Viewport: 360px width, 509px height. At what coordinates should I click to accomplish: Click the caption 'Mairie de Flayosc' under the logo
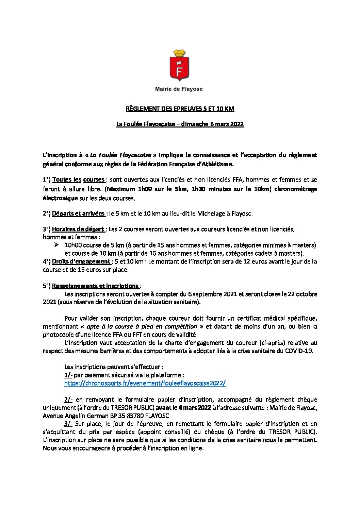pyautogui.click(x=179, y=89)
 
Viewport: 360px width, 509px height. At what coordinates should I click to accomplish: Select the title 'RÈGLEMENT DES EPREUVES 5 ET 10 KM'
pyautogui.click(x=180, y=109)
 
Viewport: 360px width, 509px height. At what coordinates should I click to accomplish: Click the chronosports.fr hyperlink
pyautogui.click(x=145, y=383)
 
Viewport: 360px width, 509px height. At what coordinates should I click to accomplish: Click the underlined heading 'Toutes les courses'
pyautogui.click(x=79, y=180)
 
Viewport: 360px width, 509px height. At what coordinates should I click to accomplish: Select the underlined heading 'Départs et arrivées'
pyautogui.click(x=78, y=214)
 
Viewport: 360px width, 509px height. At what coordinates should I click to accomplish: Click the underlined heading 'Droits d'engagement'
pyautogui.click(x=81, y=261)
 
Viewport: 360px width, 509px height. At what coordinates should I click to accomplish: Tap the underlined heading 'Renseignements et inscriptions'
pyautogui.click(x=96, y=286)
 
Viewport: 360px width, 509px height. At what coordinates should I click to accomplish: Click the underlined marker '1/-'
pyautogui.click(x=68, y=375)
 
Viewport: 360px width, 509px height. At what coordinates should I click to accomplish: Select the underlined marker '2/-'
pyautogui.click(x=68, y=400)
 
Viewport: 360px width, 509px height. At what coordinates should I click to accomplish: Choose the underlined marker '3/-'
pyautogui.click(x=68, y=424)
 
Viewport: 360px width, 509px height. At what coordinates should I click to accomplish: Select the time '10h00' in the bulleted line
pyautogui.click(x=72, y=245)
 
